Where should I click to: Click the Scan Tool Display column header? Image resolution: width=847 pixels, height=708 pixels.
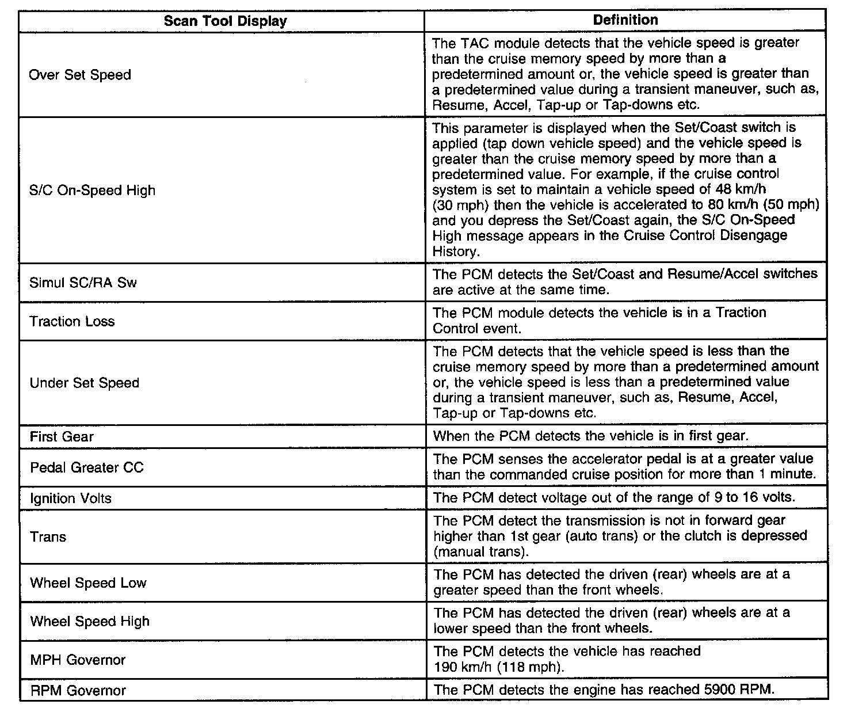tap(225, 21)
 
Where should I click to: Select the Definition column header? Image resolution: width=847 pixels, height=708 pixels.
tap(625, 20)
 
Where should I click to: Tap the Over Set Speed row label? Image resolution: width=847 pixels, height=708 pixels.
tap(80, 75)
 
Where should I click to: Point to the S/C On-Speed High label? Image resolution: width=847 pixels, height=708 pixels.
tap(92, 191)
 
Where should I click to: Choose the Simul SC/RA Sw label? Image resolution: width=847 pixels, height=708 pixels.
tap(83, 283)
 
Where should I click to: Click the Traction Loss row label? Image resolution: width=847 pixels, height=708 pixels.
tap(72, 321)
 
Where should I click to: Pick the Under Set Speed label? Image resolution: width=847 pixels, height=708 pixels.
tap(84, 383)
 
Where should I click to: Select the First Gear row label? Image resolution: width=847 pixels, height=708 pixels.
tap(61, 436)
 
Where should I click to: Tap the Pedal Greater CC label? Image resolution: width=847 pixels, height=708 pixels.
tap(86, 467)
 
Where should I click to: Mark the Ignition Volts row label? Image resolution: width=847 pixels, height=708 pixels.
tap(70, 498)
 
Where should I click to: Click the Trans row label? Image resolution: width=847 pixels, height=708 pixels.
tap(48, 536)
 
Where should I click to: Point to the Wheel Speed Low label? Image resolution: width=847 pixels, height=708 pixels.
tap(88, 583)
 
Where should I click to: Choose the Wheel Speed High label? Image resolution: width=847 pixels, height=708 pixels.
tap(89, 621)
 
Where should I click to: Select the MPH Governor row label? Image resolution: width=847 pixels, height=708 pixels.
tap(78, 660)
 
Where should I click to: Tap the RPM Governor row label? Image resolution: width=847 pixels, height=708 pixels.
tap(78, 690)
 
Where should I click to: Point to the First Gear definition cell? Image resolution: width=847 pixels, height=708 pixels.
tap(590, 436)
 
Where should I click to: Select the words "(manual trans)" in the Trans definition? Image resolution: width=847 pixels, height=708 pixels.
tap(480, 551)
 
